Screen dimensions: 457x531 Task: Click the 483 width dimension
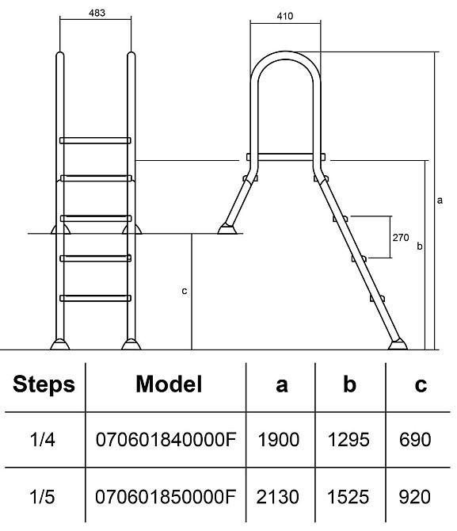click(x=97, y=13)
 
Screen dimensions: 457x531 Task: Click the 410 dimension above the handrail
click(x=284, y=16)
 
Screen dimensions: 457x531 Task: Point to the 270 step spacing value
click(x=401, y=238)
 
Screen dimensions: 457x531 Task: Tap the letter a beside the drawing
click(x=440, y=201)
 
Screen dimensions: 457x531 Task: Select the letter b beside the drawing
click(x=420, y=246)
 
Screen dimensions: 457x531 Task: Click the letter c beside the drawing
click(x=185, y=291)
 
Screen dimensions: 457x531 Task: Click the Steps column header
click(x=44, y=384)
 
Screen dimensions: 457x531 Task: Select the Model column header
click(x=169, y=384)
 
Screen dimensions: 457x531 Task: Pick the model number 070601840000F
click(x=166, y=440)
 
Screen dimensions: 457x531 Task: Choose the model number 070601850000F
click(x=166, y=497)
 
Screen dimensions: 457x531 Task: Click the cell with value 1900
click(x=279, y=440)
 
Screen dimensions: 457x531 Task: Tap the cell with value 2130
click(x=278, y=497)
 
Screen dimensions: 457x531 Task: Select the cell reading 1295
click(x=348, y=440)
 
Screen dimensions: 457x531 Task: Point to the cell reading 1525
click(x=348, y=497)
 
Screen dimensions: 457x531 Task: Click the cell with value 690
click(x=415, y=440)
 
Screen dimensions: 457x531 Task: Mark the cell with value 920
click(x=415, y=497)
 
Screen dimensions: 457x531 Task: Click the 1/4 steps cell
click(x=42, y=440)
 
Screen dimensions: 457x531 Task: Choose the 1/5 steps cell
click(x=42, y=497)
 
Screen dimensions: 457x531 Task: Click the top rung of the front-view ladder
click(x=95, y=140)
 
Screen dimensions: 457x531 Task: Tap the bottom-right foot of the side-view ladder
click(x=398, y=345)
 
